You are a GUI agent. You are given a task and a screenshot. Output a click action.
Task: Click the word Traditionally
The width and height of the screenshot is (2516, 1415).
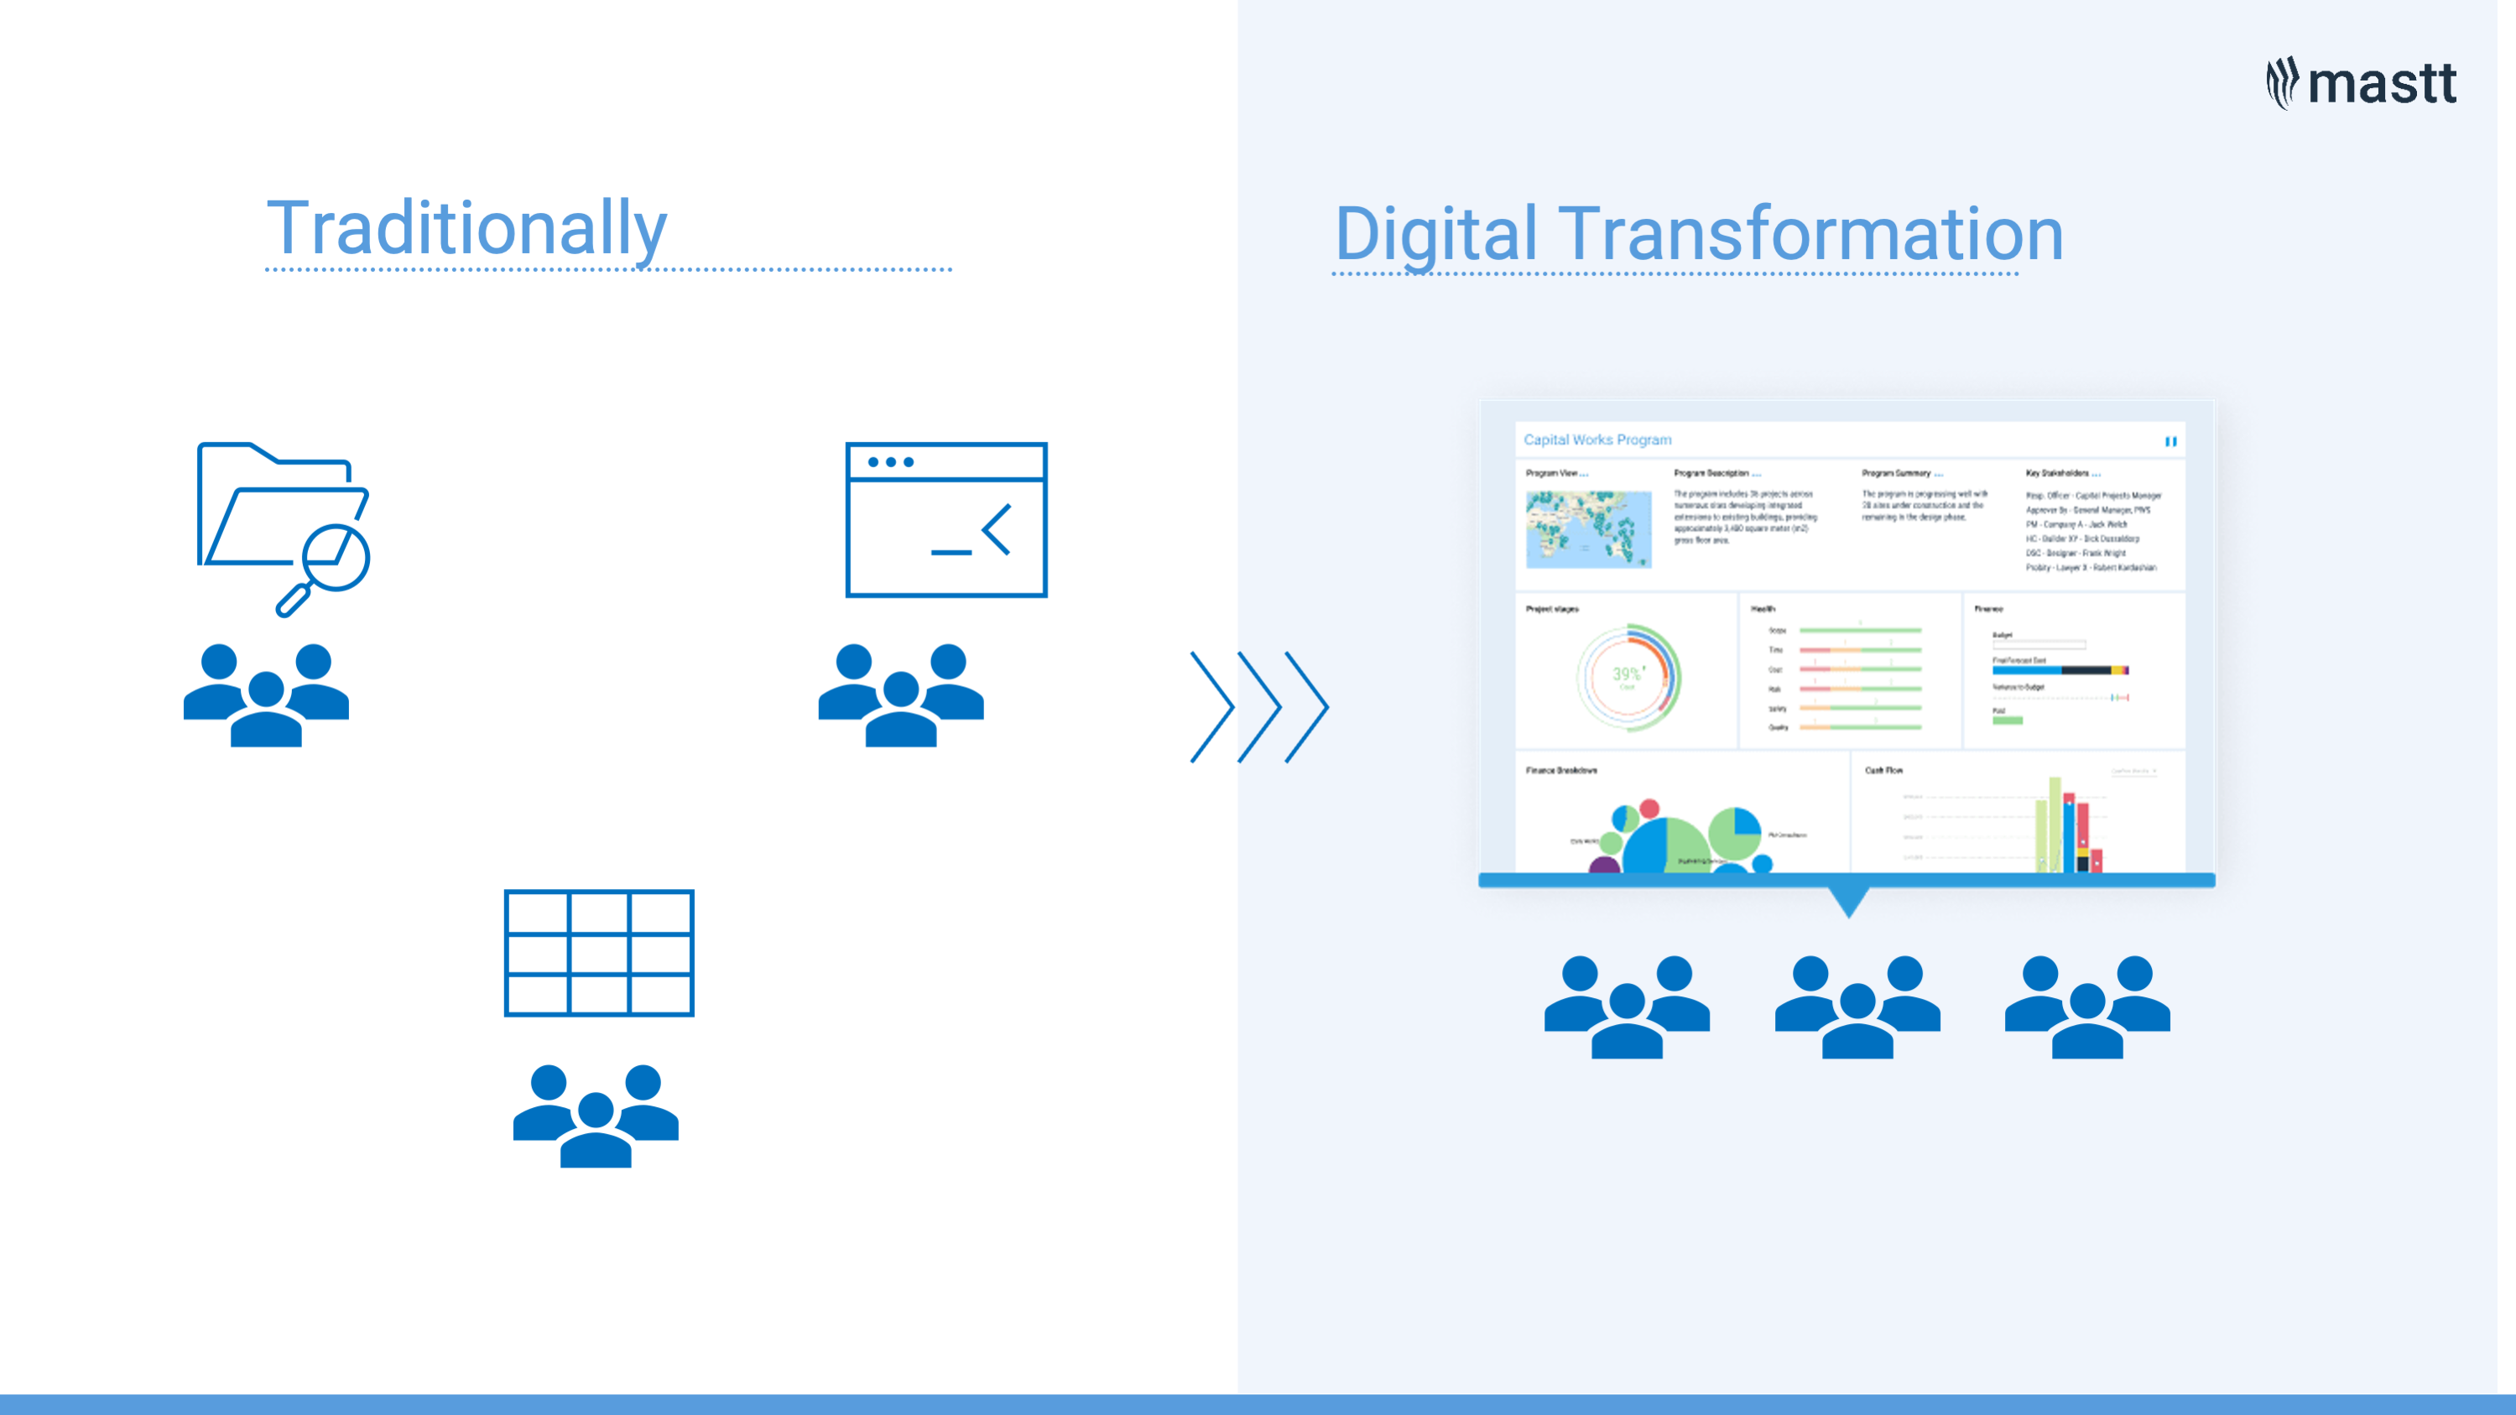pyautogui.click(x=466, y=228)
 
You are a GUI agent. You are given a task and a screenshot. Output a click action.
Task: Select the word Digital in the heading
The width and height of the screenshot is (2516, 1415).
pyautogui.click(x=1435, y=234)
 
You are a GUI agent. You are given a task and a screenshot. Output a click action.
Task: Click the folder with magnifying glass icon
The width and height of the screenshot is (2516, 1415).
pyautogui.click(x=284, y=528)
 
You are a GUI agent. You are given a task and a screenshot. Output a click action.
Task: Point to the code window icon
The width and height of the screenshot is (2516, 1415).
pyautogui.click(x=945, y=519)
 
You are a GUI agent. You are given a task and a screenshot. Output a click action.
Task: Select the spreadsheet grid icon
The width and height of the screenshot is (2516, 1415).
pyautogui.click(x=599, y=952)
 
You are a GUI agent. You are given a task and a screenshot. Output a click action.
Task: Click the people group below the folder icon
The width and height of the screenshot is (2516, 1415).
pyautogui.click(x=266, y=694)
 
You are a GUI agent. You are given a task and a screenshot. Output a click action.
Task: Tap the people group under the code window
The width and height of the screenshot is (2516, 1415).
pyautogui.click(x=900, y=694)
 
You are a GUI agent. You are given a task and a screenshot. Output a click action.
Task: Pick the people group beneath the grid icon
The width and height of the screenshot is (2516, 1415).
pyautogui.click(x=596, y=1116)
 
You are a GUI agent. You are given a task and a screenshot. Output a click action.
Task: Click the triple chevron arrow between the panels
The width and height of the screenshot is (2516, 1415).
pyautogui.click(x=1259, y=706)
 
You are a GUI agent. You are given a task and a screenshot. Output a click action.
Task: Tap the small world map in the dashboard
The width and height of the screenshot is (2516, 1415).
pyautogui.click(x=1588, y=529)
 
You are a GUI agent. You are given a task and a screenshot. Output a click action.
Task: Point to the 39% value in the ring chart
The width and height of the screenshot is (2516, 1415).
pyautogui.click(x=1626, y=674)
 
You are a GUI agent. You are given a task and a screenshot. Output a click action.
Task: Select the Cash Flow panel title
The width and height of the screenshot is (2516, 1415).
pyautogui.click(x=1883, y=771)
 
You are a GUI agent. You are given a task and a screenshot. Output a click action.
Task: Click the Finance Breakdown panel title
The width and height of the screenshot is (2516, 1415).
pyautogui.click(x=1560, y=771)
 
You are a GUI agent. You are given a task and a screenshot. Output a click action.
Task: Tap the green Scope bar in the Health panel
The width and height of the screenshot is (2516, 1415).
pyautogui.click(x=1860, y=631)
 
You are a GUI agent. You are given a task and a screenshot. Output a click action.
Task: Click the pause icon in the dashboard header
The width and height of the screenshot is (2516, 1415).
pyautogui.click(x=2170, y=441)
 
